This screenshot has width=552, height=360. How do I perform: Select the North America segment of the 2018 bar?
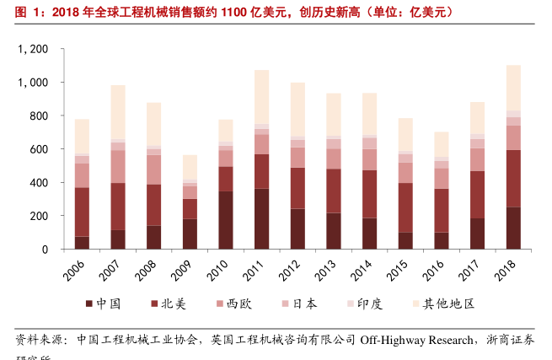coord(513,179)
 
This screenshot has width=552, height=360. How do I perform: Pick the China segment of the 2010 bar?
coord(226,220)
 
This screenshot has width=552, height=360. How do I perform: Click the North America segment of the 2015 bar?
coord(406,207)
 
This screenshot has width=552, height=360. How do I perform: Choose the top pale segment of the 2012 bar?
coord(297,110)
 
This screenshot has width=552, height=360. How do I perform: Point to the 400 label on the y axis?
coord(38,183)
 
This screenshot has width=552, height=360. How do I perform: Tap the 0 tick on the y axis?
coord(45,250)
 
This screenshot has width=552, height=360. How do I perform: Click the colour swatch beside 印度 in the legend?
coord(348,304)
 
